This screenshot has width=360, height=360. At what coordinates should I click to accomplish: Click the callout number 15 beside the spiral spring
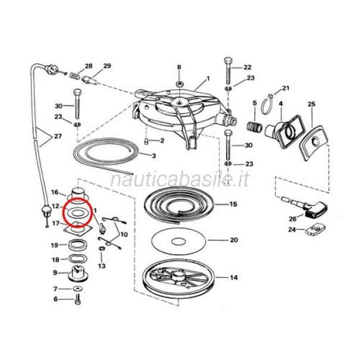[233, 204]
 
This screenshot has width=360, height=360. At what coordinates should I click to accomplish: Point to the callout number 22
[248, 67]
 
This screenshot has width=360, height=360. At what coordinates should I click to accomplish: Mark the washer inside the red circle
[76, 213]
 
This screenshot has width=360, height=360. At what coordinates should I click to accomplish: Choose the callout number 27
[58, 136]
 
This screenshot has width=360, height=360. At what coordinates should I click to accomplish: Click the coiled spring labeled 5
[254, 127]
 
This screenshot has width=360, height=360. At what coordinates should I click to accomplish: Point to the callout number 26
[293, 218]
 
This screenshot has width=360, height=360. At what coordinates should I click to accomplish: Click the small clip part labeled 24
[315, 230]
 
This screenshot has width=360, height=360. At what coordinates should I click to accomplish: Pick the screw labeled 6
[77, 300]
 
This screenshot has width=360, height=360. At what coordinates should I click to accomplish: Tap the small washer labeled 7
[78, 288]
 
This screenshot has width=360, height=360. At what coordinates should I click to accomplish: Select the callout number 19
[54, 245]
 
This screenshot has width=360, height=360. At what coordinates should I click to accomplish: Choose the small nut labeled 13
[102, 248]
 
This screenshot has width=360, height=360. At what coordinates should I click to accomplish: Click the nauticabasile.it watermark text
[179, 180]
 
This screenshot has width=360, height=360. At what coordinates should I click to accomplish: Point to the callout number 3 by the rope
[154, 156]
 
